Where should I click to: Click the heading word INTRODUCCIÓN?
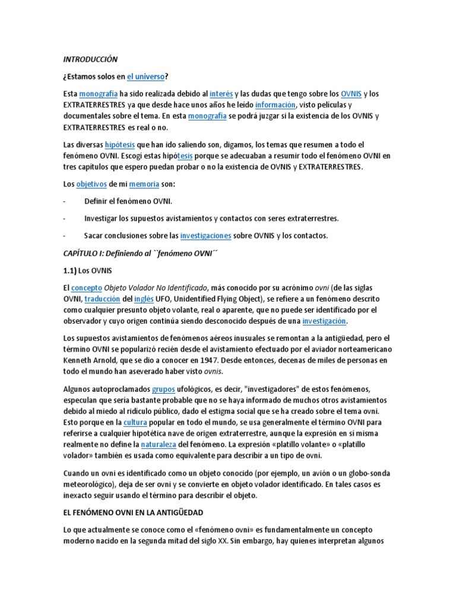[90, 59]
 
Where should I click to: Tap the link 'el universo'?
[147, 77]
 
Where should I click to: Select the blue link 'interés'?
[221, 94]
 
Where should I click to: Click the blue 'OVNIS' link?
[351, 94]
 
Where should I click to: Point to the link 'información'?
[275, 105]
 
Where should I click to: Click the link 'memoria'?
[145, 185]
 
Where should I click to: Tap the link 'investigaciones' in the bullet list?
[205, 236]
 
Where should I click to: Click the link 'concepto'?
[87, 287]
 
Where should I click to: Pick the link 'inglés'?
[144, 298]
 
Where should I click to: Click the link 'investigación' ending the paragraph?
[324, 321]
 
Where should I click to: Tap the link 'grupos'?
[163, 389]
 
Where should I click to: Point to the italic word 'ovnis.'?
[214, 372]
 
